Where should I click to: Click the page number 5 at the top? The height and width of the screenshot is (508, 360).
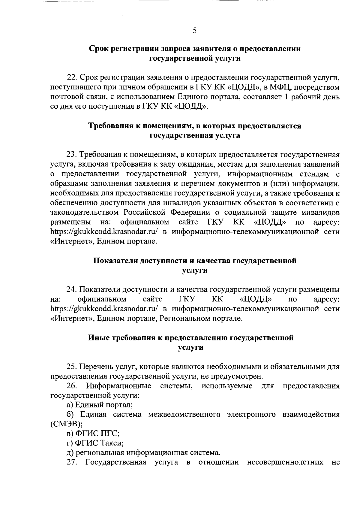[195, 30]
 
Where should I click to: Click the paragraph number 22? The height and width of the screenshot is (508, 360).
[72, 78]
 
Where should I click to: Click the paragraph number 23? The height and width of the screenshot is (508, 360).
[72, 155]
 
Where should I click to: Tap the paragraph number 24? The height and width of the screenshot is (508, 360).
[72, 290]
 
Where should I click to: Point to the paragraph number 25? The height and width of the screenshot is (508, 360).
[72, 367]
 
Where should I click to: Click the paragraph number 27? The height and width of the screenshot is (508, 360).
[72, 463]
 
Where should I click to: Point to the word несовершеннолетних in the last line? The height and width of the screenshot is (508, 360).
[285, 463]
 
